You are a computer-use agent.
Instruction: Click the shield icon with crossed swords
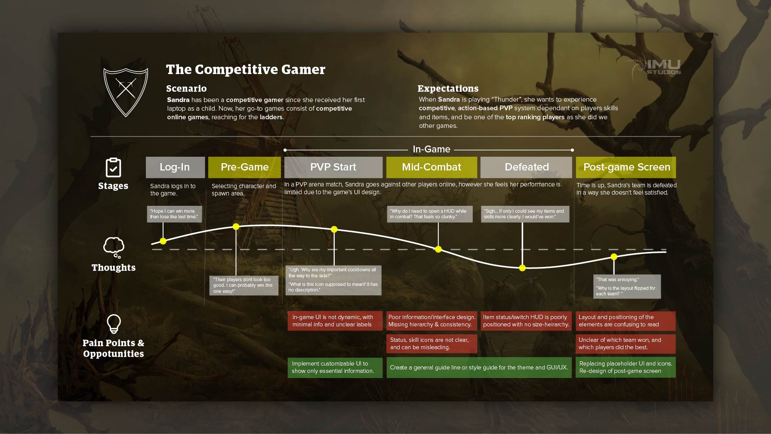tap(126, 92)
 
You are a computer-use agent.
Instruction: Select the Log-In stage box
tap(175, 167)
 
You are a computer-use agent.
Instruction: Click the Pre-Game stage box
tap(244, 167)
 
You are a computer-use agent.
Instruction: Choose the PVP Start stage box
tap(333, 167)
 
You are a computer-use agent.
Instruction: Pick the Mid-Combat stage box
tap(432, 167)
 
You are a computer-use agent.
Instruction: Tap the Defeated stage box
tap(526, 167)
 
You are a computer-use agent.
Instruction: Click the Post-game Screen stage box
tap(626, 167)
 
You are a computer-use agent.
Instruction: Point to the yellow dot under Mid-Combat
tap(438, 249)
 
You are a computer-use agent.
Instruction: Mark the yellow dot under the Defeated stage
tap(522, 268)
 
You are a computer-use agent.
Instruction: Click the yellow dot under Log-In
tap(163, 241)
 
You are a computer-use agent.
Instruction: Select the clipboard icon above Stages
tap(113, 167)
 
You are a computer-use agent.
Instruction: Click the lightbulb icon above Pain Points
tap(114, 324)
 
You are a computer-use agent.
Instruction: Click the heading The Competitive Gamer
tap(246, 69)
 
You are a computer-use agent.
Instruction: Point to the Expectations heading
tap(448, 88)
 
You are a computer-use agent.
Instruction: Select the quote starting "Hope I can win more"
tap(174, 214)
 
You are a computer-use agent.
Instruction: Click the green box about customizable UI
tap(335, 367)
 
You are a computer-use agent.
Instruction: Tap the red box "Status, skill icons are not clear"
tap(432, 344)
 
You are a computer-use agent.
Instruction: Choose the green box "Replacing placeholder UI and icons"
tap(626, 367)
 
